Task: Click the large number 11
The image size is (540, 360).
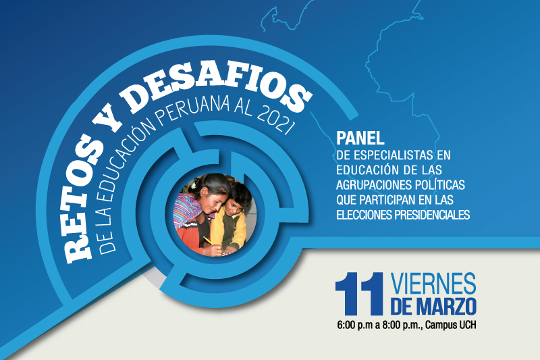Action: [x=359, y=294]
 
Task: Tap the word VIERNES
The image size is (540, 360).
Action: [x=433, y=284]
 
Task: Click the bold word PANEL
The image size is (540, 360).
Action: [x=360, y=138]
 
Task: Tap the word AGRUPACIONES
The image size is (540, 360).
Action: [x=374, y=185]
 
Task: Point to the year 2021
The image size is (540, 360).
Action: [x=275, y=122]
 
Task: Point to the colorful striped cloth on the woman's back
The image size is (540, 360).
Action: [x=187, y=209]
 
